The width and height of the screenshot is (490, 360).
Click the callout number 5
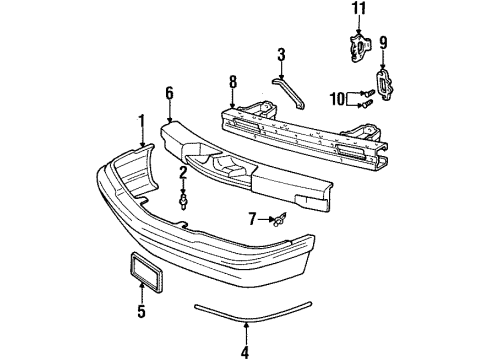click(x=141, y=312)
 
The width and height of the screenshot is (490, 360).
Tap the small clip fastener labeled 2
click(x=183, y=201)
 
